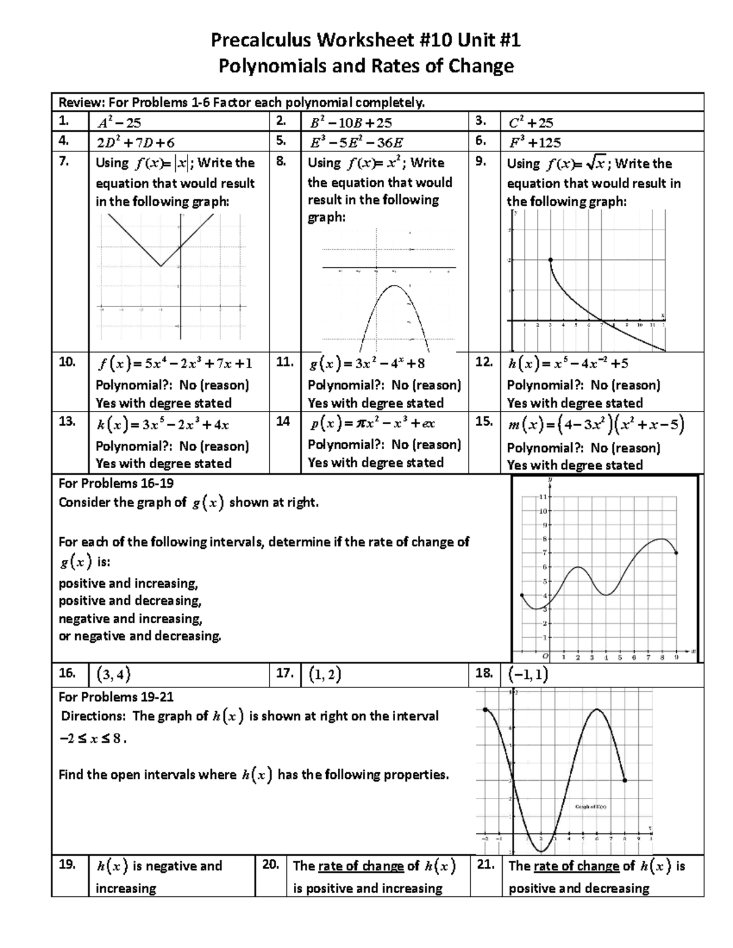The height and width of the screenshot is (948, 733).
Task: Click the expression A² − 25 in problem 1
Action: click(x=119, y=123)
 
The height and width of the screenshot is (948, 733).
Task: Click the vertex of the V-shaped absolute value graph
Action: click(x=161, y=266)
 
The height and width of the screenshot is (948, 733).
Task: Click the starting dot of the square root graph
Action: click(x=550, y=260)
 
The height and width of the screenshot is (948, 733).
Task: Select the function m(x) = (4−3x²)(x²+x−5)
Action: click(x=596, y=424)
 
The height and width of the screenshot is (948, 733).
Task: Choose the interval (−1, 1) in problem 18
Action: click(x=528, y=674)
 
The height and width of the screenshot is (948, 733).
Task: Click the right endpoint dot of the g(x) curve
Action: click(x=676, y=553)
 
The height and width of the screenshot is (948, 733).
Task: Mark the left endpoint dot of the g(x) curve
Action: click(x=521, y=595)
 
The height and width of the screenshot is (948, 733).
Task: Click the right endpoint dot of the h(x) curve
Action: click(x=624, y=780)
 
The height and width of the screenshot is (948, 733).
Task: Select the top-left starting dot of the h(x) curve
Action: click(x=485, y=709)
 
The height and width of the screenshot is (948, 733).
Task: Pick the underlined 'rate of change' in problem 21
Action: click(x=576, y=866)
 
